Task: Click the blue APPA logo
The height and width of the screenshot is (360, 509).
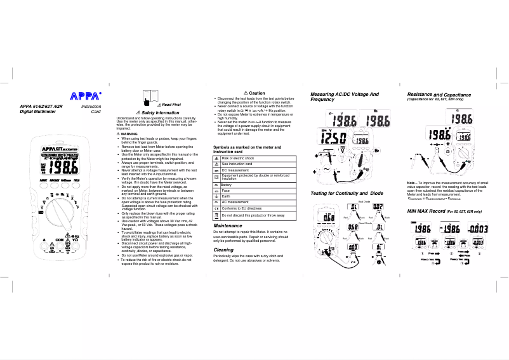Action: pyautogui.click(x=85, y=96)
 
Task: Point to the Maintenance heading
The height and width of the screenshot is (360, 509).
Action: pyautogui.click(x=228, y=225)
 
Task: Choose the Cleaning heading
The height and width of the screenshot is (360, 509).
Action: pyautogui.click(x=223, y=250)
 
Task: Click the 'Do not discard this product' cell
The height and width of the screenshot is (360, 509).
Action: pyautogui.click(x=253, y=216)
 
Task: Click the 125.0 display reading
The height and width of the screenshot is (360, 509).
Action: pyautogui.click(x=333, y=138)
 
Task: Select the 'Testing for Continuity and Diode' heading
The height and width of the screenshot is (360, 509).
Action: pyautogui.click(x=347, y=192)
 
